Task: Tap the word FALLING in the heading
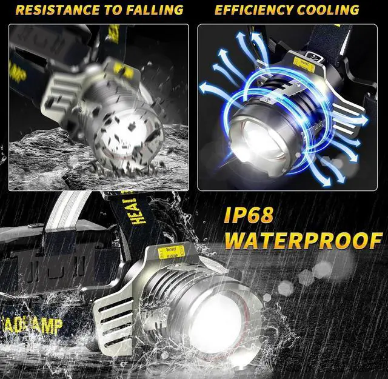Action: coord(153,10)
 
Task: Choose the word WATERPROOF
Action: coord(303,240)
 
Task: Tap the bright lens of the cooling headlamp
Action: coord(255,136)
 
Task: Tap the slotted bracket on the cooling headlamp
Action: coord(346,118)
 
